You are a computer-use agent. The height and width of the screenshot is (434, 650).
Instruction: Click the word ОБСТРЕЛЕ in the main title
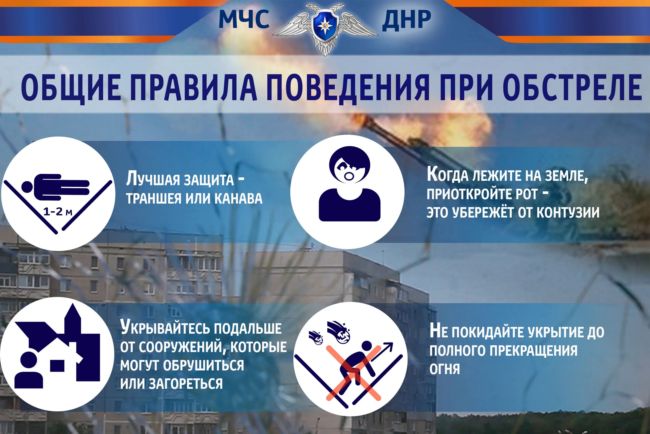572,87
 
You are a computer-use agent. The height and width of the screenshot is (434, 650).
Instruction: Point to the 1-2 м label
58,212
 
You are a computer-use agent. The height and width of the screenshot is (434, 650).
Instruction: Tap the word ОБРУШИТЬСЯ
203,365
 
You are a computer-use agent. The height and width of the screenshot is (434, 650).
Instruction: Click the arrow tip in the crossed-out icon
390,345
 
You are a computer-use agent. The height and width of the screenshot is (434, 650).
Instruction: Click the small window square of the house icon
57,365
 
